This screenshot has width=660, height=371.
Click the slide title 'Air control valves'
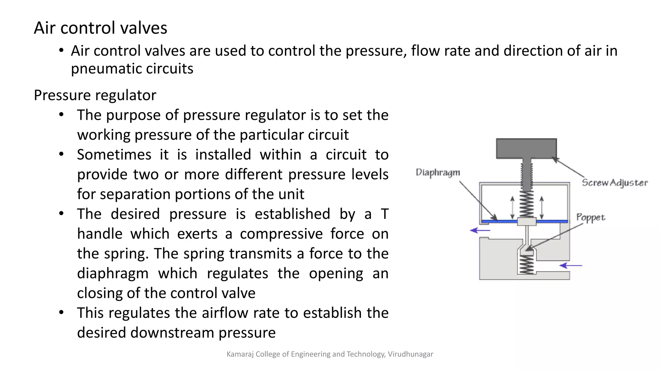[x=101, y=28]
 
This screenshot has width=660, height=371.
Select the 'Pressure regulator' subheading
[x=95, y=96]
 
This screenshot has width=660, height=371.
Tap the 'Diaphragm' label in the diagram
[x=438, y=173]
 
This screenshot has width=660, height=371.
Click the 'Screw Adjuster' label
[x=615, y=183]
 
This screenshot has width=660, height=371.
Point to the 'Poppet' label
[x=591, y=218]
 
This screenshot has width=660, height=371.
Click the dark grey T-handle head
[x=526, y=148]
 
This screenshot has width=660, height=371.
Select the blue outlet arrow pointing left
[x=480, y=230]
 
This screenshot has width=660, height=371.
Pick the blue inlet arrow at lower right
[x=570, y=265]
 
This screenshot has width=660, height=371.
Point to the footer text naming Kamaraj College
[x=330, y=354]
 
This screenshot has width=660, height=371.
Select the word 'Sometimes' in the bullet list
[x=114, y=155]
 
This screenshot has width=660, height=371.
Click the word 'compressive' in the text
[x=281, y=234]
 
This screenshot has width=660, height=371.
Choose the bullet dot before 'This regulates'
[x=61, y=312]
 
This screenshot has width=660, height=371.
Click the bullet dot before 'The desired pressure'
[x=61, y=214]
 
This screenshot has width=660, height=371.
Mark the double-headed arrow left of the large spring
[x=512, y=208]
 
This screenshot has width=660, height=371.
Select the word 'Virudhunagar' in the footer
[x=411, y=354]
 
